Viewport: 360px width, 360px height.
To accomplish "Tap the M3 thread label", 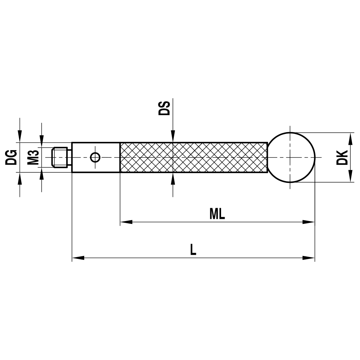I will coord(33,157).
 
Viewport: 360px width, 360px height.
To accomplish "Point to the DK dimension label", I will coord(342,157).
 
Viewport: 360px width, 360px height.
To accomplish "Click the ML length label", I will coord(217,214).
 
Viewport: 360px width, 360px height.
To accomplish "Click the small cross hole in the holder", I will coord(95,157).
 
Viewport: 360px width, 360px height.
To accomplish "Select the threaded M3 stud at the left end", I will coord(60,157).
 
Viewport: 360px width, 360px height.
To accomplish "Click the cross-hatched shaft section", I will coord(193,157).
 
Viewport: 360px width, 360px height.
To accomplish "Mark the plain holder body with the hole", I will coord(83,157).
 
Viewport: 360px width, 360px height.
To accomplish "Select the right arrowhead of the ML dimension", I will coord(309,222).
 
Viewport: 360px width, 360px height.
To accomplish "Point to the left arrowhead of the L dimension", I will coord(78,258).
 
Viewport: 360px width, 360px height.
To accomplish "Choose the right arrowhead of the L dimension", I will coord(309,258).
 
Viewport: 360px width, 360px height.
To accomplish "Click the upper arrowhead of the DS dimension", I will coord(173,136).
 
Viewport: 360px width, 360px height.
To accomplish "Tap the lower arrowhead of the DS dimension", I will coord(173,179).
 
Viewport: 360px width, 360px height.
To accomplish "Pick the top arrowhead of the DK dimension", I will coord(349,138).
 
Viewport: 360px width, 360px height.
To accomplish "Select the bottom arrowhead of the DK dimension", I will coord(349,176).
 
